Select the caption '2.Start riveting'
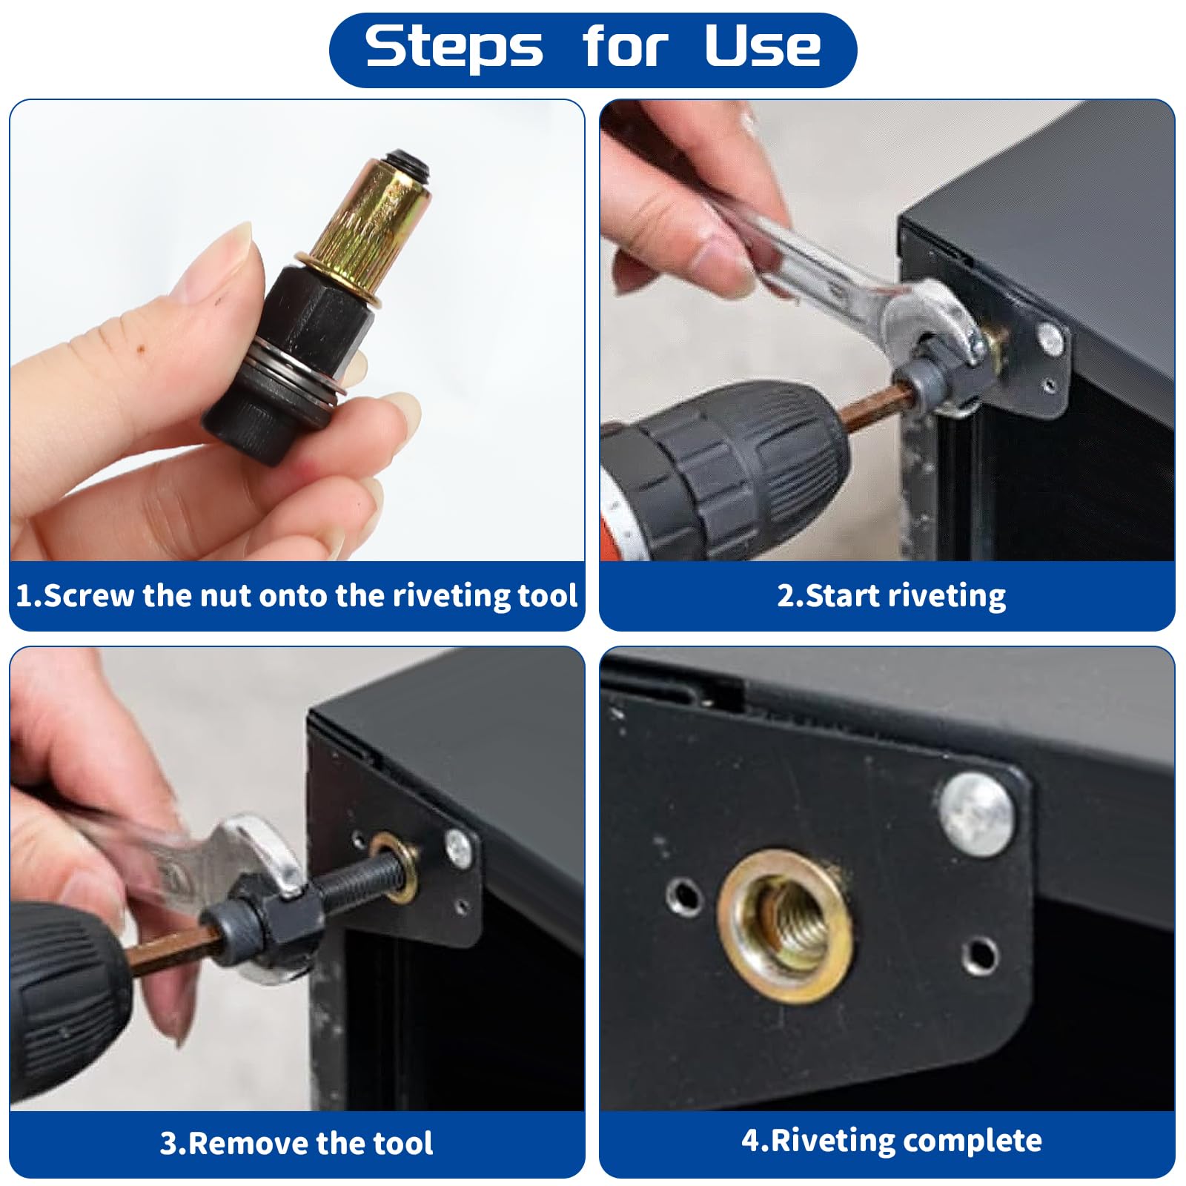pos(891,595)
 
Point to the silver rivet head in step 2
pos(1050,337)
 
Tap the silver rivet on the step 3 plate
pos(457,844)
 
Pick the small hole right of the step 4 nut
pos(980,956)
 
